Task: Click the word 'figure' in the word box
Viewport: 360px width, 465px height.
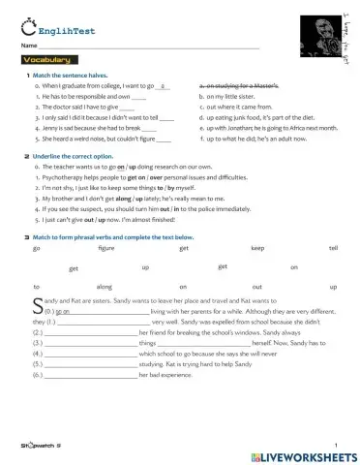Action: pyautogui.click(x=106, y=248)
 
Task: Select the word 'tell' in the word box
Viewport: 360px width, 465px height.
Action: pyautogui.click(x=333, y=248)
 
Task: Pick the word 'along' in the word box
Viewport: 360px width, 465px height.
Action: pyautogui.click(x=105, y=287)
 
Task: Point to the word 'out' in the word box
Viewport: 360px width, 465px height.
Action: pyautogui.click(x=256, y=287)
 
